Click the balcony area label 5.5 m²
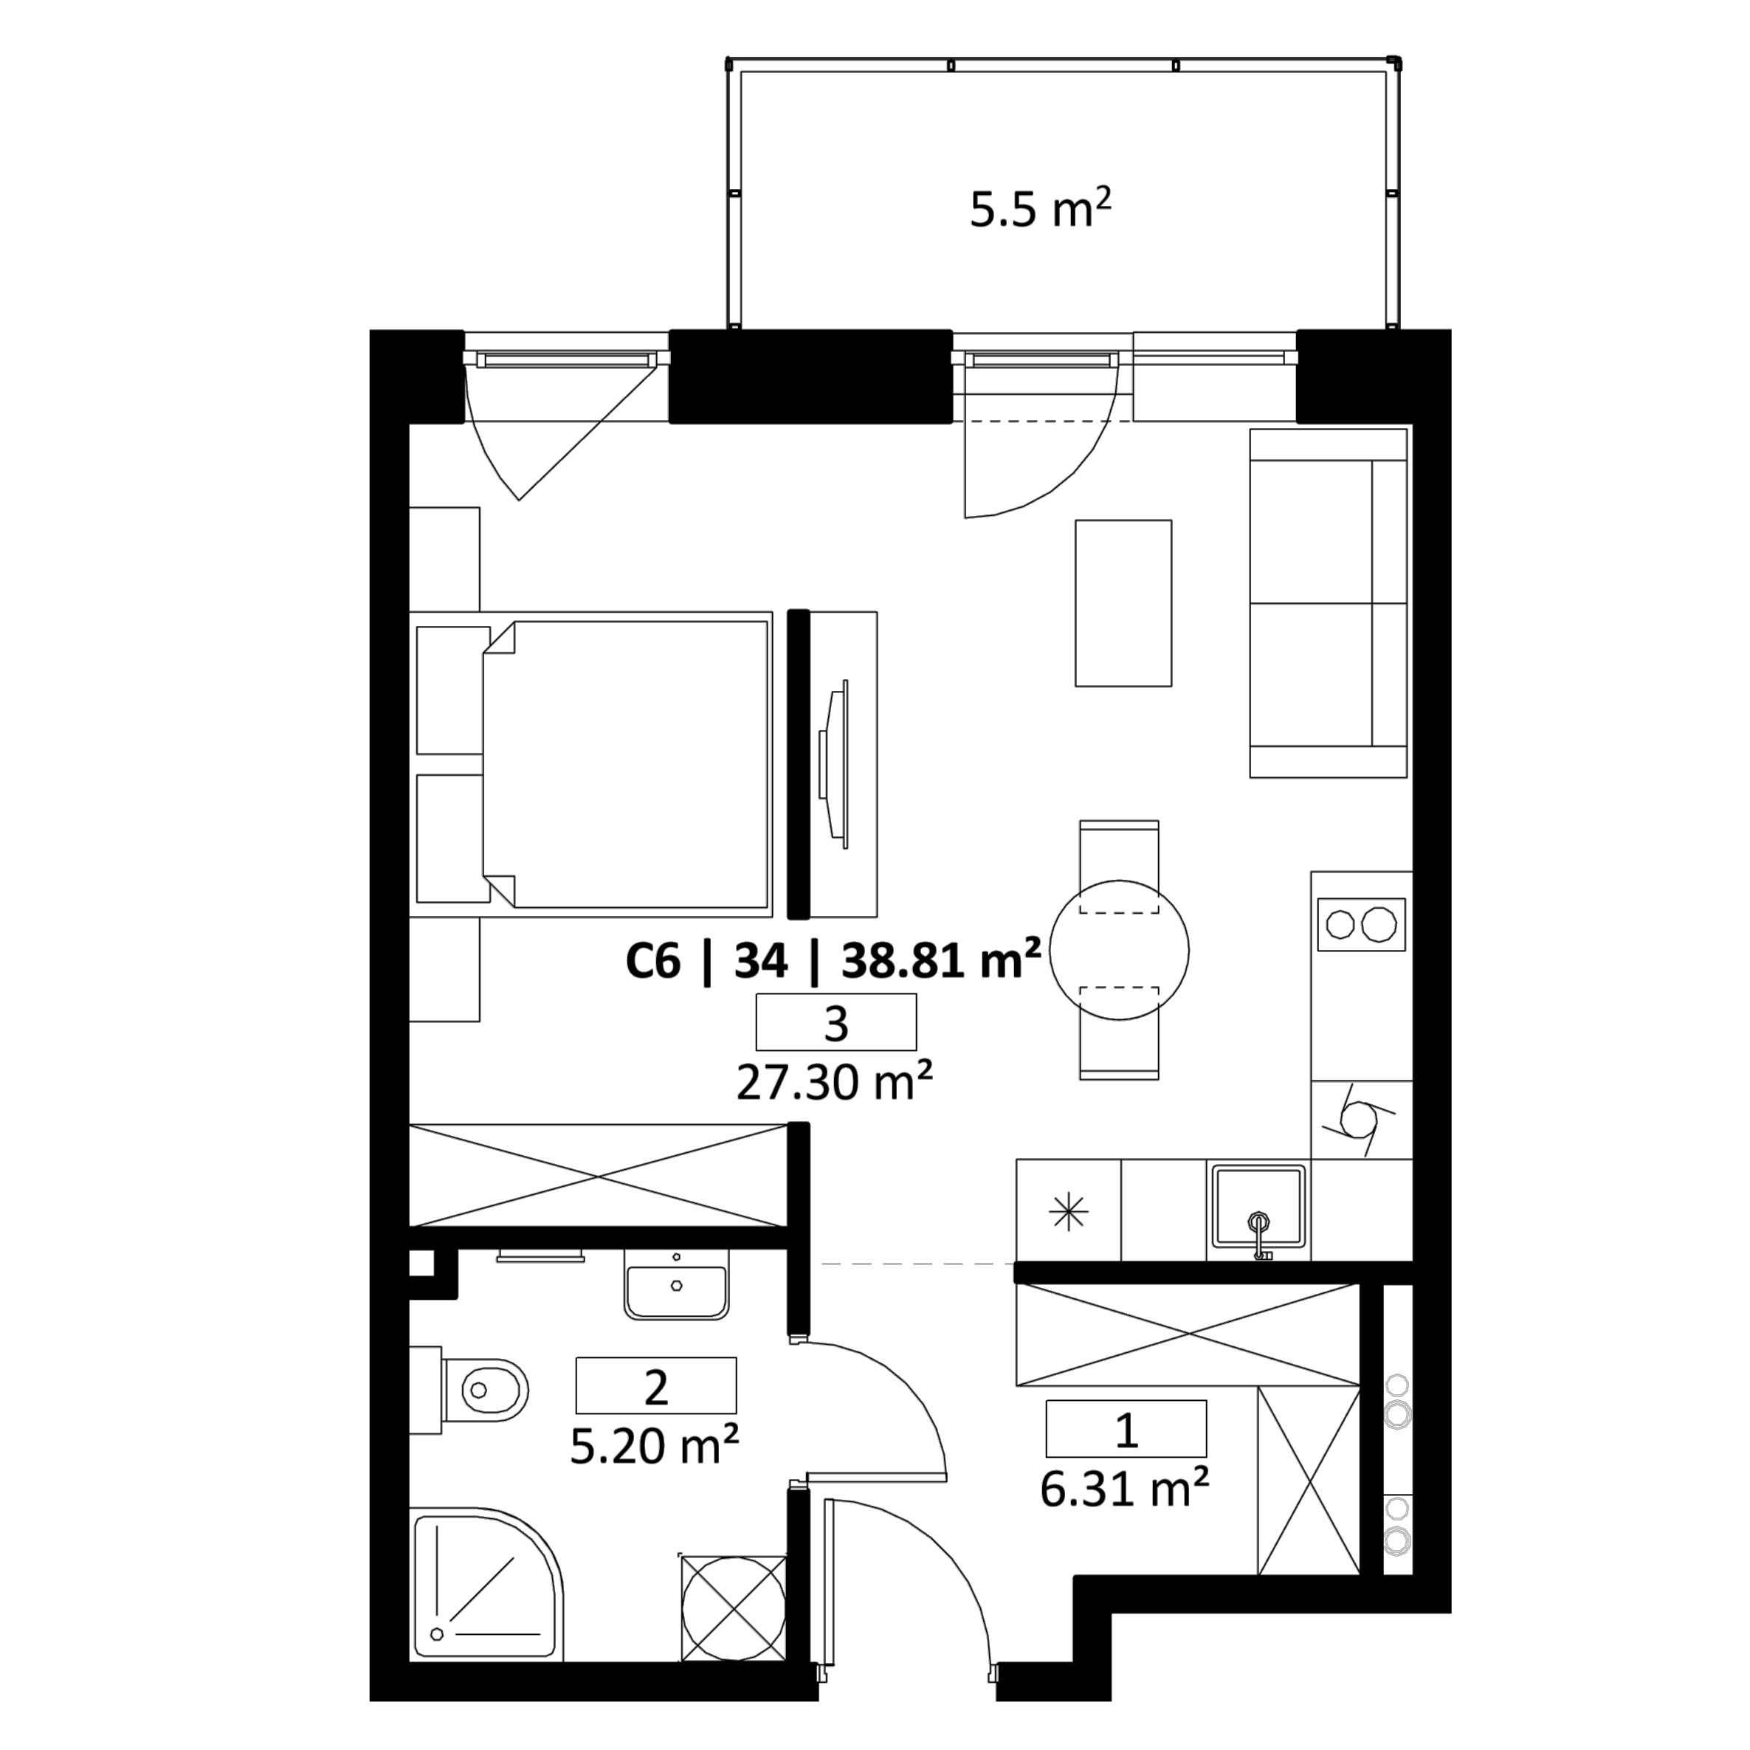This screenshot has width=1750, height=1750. (x=1040, y=209)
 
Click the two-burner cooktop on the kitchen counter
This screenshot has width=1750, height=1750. (x=1360, y=924)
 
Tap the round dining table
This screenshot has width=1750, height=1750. (x=1120, y=950)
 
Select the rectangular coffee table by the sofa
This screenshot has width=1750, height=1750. (x=1123, y=603)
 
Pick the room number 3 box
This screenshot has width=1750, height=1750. (x=836, y=1022)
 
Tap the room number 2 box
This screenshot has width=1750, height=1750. (x=656, y=1385)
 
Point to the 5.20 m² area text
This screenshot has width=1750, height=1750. (x=655, y=1446)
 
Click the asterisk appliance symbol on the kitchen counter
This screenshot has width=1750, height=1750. (x=1069, y=1212)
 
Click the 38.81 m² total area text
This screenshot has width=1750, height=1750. (x=941, y=960)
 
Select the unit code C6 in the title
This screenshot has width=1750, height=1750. (x=652, y=961)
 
